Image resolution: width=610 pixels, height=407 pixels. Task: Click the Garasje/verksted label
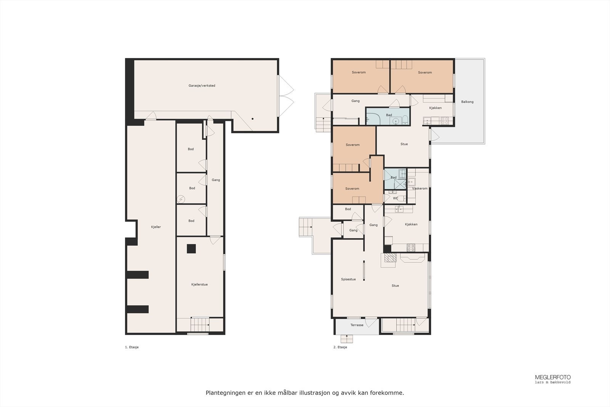pos(202,85)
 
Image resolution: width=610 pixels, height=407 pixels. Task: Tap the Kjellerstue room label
pos(199,285)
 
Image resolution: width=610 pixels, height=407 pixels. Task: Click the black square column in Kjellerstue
pos(191,249)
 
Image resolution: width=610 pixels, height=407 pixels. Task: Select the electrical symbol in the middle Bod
pos(181,199)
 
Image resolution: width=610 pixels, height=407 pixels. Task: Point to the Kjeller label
pos(156,227)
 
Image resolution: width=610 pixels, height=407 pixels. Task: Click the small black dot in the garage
pos(252,119)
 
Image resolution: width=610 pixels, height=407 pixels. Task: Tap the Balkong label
pos(467,102)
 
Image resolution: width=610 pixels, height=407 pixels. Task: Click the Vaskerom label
pos(420,188)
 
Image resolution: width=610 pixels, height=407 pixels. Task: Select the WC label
pos(395,198)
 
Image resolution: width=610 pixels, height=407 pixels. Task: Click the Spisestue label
pos(348,279)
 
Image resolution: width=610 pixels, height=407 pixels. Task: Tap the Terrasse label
pos(357,325)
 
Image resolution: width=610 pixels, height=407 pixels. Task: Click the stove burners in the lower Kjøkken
pos(411,247)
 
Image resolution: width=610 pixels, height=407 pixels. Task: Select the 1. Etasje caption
pos(132,347)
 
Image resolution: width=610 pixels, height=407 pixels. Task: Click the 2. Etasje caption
pos(340,347)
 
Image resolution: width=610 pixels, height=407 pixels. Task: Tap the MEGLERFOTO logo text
pos(552,377)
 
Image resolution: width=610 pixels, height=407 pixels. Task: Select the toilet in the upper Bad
pos(405,121)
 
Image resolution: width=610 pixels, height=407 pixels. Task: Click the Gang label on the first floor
pos(216,180)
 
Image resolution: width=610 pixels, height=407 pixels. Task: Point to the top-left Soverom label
pos(358,72)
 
